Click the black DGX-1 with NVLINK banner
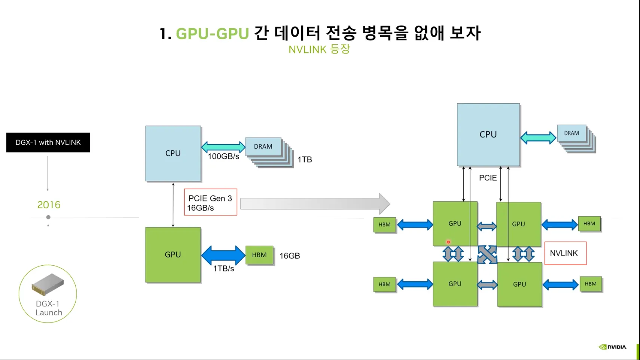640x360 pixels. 48,142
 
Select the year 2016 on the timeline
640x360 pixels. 49,205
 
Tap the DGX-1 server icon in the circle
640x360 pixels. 48,284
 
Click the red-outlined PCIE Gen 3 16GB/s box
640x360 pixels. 211,202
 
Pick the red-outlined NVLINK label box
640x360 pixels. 566,253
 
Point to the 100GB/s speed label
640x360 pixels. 223,156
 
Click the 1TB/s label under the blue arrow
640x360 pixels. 223,269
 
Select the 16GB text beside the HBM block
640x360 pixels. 290,256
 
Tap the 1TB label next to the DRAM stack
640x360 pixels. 305,159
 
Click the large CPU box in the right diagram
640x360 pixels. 488,135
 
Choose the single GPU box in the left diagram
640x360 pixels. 173,255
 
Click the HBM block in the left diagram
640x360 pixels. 259,255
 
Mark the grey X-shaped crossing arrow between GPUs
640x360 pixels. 487,254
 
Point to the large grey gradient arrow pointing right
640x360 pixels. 315,204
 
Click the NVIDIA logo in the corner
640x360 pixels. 613,347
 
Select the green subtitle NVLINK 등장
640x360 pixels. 319,49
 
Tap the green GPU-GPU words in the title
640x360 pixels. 212,33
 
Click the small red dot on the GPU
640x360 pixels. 448,242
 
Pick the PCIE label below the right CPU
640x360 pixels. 488,178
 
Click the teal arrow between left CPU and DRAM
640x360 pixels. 223,147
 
